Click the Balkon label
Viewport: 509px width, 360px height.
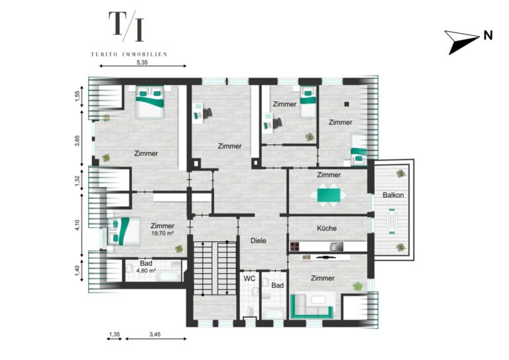tap(393, 195)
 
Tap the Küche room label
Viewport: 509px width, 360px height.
tap(327, 228)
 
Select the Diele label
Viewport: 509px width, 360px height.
tap(258, 241)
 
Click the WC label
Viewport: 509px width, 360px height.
tap(249, 278)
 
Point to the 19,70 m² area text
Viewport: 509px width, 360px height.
tap(162, 233)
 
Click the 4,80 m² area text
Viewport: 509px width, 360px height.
tap(146, 270)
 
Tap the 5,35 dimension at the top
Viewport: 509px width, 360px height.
tap(142, 62)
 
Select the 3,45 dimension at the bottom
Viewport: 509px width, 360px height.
tap(155, 334)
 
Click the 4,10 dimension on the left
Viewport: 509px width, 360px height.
tap(77, 225)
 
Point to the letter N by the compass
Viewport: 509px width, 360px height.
tap(488, 35)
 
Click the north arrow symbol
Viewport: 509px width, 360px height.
tap(461, 42)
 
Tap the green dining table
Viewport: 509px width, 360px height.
tap(329, 195)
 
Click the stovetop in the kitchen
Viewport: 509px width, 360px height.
tap(295, 247)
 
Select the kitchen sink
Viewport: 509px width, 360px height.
tap(336, 247)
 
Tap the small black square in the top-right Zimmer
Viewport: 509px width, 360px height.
tap(347, 104)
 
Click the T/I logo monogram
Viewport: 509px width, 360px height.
tap(127, 26)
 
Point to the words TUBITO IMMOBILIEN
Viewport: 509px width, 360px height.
tap(129, 54)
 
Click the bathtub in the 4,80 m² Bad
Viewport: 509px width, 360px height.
tap(168, 276)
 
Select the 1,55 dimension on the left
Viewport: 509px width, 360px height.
tap(77, 96)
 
